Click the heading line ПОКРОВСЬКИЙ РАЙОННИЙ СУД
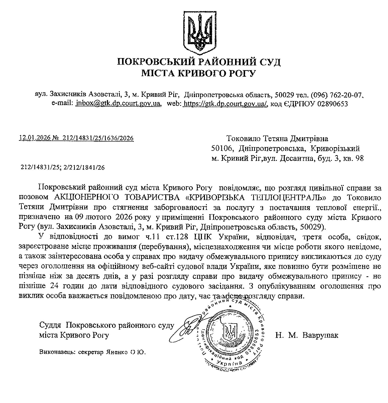click(199, 62)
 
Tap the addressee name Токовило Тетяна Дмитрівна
click(277, 139)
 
